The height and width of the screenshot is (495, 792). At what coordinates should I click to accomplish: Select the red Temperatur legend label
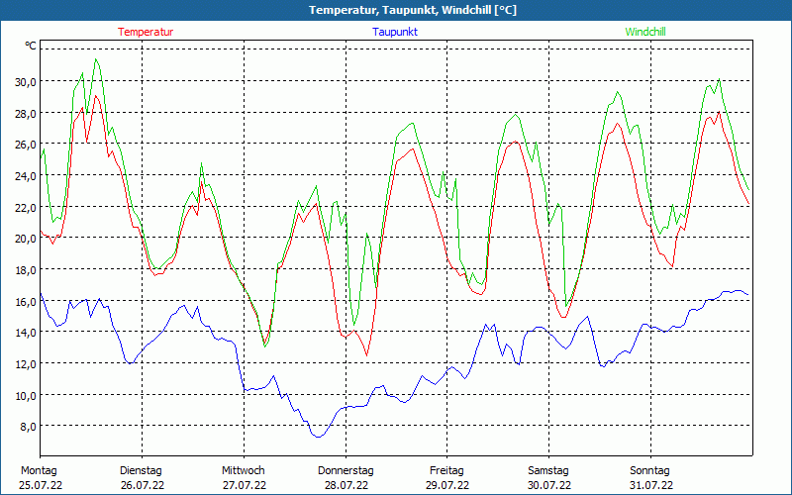(x=146, y=32)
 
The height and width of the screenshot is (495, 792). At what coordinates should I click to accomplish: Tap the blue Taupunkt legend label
(x=395, y=32)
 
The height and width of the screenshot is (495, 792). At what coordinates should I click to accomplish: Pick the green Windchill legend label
(x=645, y=32)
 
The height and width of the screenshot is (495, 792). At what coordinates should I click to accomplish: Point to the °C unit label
(x=31, y=46)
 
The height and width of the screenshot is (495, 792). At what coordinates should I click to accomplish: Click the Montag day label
(x=39, y=470)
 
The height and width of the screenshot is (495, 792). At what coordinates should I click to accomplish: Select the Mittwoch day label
(x=244, y=470)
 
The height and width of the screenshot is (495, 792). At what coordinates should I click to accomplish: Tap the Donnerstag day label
(x=346, y=470)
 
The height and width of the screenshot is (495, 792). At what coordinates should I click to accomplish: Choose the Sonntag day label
(x=650, y=470)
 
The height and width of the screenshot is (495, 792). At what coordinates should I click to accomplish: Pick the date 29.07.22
(x=447, y=485)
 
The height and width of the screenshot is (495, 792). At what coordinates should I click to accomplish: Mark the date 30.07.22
(x=549, y=485)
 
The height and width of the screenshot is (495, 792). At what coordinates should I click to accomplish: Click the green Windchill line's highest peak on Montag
(x=96, y=59)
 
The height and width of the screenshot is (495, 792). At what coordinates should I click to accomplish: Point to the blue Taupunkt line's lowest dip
(x=318, y=437)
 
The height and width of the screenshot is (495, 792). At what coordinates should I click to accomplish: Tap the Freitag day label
(x=446, y=470)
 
